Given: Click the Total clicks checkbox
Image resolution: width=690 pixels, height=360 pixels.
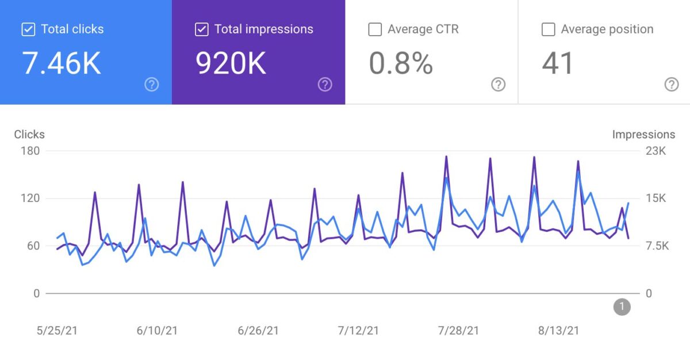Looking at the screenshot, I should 28,29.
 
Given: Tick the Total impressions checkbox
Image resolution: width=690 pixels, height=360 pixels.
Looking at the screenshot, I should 201,29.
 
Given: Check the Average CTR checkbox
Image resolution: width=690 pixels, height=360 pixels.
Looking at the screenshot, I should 375,29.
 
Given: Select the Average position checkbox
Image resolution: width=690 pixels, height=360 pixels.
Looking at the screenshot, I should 548,29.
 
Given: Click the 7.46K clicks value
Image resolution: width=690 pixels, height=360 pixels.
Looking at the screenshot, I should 62,63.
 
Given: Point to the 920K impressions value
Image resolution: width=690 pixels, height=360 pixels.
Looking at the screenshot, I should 231,63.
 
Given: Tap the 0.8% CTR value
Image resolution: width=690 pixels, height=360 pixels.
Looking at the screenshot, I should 401,63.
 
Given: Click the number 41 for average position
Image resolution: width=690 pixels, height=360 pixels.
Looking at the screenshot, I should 558,63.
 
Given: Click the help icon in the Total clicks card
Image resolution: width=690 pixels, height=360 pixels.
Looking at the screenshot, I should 151,85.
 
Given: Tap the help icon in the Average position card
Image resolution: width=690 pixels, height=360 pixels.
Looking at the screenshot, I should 671,85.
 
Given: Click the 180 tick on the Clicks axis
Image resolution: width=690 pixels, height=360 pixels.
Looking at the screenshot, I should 30,151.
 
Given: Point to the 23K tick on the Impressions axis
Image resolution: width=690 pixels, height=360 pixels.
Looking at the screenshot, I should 655,151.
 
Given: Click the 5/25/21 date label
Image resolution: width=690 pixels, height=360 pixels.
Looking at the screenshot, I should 57,331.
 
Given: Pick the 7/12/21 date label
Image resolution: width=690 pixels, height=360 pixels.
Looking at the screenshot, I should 358,331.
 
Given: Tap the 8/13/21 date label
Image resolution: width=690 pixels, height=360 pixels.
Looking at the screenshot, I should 559,331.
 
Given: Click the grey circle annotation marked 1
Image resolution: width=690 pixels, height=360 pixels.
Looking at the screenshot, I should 622,307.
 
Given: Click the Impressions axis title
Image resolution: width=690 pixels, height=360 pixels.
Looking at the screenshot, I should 643,135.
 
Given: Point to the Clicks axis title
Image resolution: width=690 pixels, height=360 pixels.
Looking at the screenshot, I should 29,135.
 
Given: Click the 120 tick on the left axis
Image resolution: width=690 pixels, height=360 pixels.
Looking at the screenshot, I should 30,198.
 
